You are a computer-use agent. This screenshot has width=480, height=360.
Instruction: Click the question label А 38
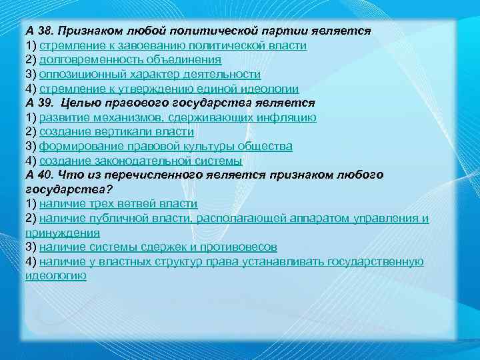(41, 31)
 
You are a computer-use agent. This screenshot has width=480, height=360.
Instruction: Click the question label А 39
(41, 103)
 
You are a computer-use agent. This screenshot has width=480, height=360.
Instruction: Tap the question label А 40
(41, 175)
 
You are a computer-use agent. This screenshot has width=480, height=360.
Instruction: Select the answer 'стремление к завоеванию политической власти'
(173, 46)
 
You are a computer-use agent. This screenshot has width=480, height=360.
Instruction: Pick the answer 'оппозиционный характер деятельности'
(149, 75)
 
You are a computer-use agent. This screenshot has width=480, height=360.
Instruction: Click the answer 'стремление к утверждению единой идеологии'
(169, 89)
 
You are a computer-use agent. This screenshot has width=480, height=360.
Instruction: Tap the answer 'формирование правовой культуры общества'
(165, 146)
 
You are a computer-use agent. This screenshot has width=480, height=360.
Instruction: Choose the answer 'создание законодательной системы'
(141, 161)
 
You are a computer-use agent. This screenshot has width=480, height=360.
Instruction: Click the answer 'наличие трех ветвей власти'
(118, 203)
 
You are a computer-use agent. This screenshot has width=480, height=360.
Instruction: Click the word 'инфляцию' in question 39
(289, 118)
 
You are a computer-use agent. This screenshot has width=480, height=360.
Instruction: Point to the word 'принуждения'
(63, 233)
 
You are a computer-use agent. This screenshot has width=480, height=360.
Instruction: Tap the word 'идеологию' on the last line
(56, 275)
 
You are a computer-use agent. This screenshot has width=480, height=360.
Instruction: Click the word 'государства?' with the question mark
(63, 189)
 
